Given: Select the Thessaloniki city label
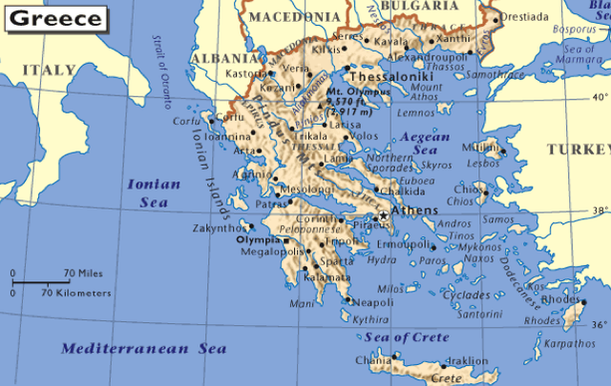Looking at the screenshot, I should point(391,76).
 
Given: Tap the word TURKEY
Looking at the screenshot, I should point(579,149).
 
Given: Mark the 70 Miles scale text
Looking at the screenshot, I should point(83,274).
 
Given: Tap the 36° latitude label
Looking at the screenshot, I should point(599,325).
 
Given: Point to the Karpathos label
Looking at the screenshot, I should point(571,342).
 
